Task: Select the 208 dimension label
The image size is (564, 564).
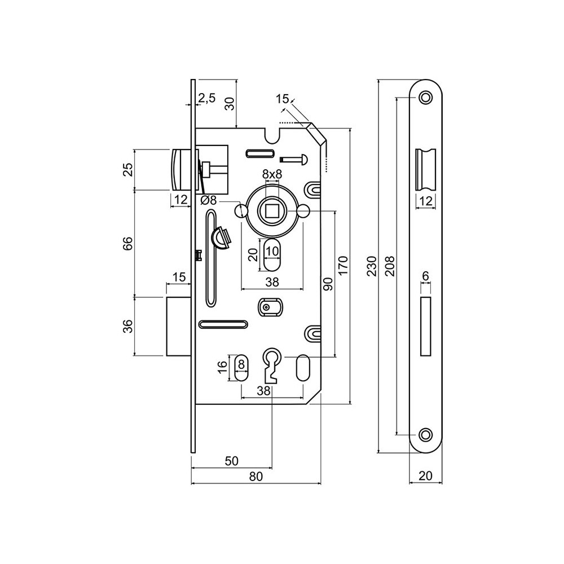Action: click(x=389, y=265)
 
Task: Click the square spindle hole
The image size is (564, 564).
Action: click(x=272, y=211)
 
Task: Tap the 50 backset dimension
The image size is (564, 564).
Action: click(x=231, y=461)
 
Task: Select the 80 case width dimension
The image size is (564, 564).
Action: click(x=255, y=477)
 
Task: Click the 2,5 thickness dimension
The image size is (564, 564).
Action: click(x=207, y=98)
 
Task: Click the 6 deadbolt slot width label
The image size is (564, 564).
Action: click(x=426, y=275)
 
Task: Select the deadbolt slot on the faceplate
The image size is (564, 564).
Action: click(x=426, y=326)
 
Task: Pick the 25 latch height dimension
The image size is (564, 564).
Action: click(x=127, y=170)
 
